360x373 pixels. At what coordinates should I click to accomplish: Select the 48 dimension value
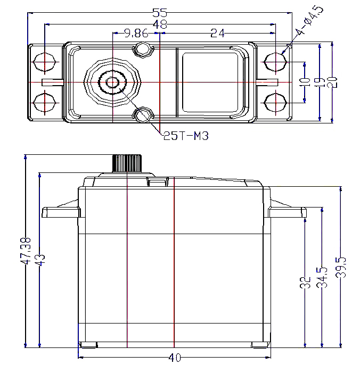[159, 24]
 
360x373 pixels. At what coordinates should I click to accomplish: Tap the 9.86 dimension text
[135, 34]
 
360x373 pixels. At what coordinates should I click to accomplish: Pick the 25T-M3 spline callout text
[185, 136]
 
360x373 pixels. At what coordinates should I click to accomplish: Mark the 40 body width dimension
[174, 358]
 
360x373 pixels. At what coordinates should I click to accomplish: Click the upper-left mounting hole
[45, 62]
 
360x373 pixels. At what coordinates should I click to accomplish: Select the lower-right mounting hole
[275, 102]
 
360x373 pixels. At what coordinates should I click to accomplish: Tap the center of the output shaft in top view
[112, 82]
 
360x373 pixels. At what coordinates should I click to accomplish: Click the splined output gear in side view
[127, 163]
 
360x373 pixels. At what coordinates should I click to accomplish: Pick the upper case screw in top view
[143, 49]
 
